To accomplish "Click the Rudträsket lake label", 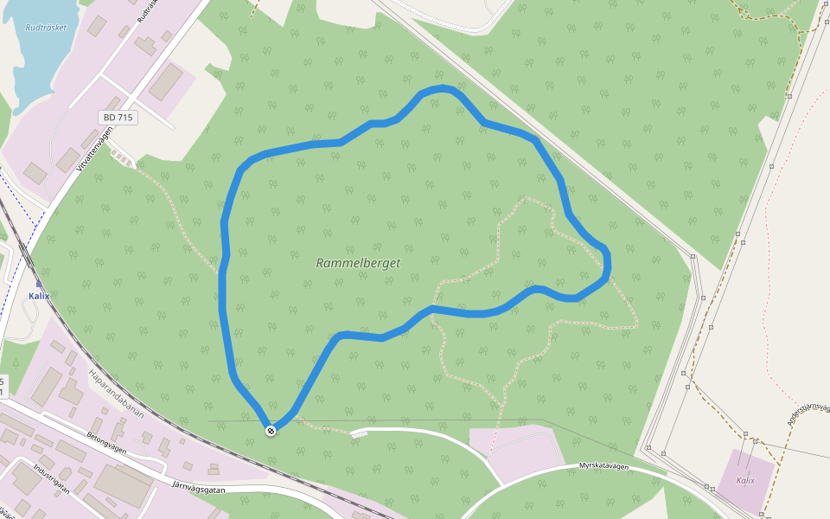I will pyautogui.click(x=46, y=28).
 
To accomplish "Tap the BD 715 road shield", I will pyautogui.click(x=118, y=117).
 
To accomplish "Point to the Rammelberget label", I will pyautogui.click(x=358, y=263).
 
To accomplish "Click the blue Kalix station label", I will pyautogui.click(x=39, y=296).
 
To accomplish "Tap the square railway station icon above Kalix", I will pyautogui.click(x=39, y=283).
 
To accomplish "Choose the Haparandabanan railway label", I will pyautogui.click(x=115, y=394).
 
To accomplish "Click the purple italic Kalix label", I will pyautogui.click(x=744, y=481).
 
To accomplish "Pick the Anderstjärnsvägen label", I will pyautogui.click(x=807, y=413).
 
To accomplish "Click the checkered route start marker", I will pyautogui.click(x=271, y=430).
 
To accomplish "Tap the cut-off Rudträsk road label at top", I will pyautogui.click(x=147, y=10).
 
